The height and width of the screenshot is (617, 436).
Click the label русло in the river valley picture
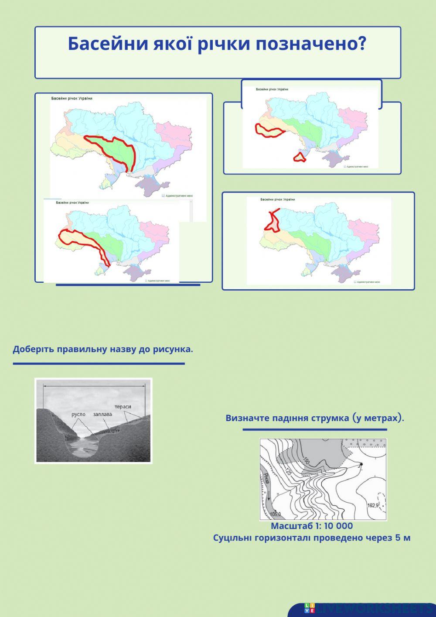tap(78, 414)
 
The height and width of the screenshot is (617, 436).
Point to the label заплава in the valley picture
tap(102, 414)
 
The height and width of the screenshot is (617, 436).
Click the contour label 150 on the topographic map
tap(307, 461)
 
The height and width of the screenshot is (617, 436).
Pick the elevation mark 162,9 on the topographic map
tap(373, 505)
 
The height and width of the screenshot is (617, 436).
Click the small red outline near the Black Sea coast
tap(299, 157)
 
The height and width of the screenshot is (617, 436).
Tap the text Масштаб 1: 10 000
tap(312, 526)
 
